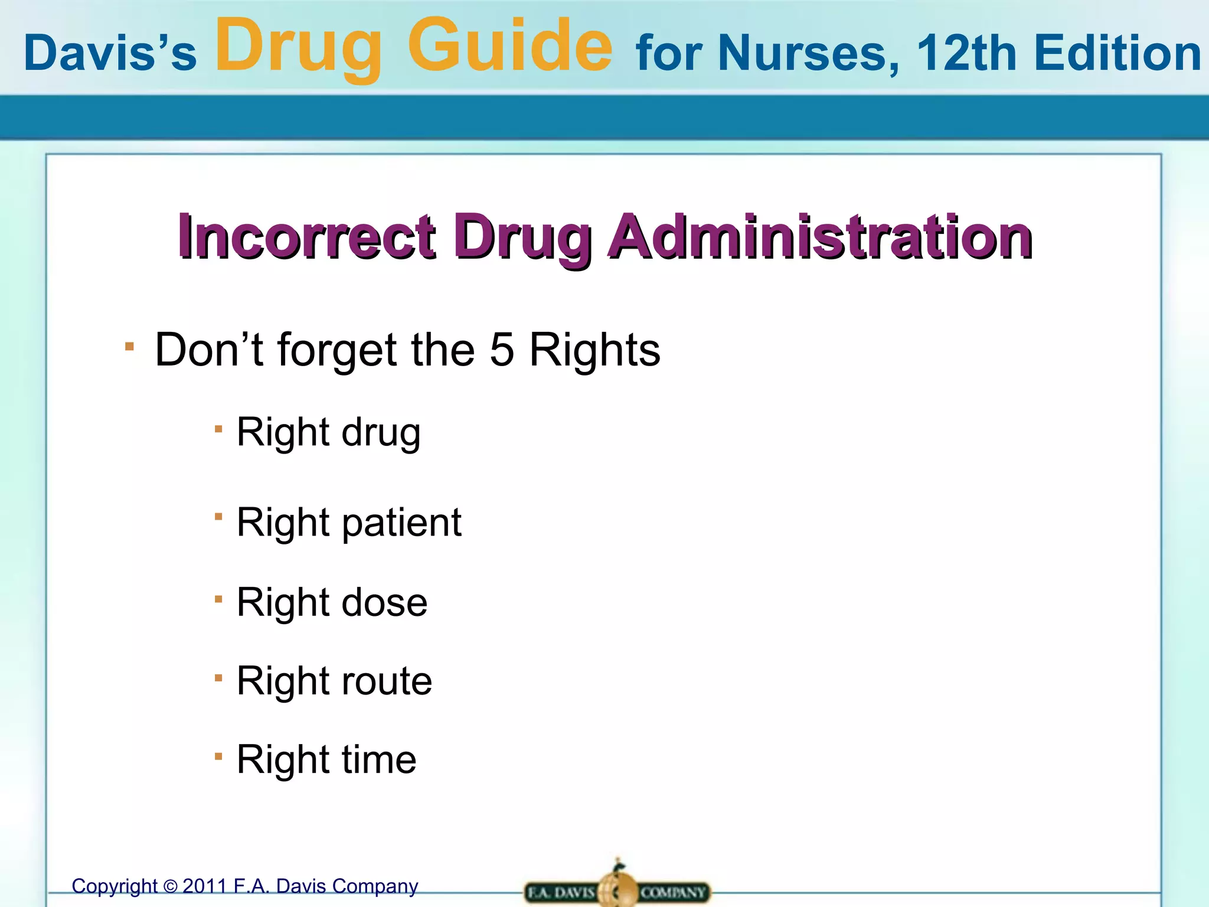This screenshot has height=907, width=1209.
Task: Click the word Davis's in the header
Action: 110,53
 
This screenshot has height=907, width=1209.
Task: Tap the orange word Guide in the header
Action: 510,46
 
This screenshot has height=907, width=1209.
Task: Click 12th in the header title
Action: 967,53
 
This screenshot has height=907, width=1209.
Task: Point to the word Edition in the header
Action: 1117,53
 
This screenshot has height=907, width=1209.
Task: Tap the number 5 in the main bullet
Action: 502,350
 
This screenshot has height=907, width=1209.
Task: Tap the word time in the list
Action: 379,759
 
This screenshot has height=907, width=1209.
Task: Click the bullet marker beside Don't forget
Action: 130,346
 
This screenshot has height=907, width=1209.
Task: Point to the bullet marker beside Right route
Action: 218,678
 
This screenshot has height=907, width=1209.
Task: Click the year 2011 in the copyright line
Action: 205,886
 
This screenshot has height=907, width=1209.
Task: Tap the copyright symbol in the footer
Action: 170,887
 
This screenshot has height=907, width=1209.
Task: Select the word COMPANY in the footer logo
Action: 673,892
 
